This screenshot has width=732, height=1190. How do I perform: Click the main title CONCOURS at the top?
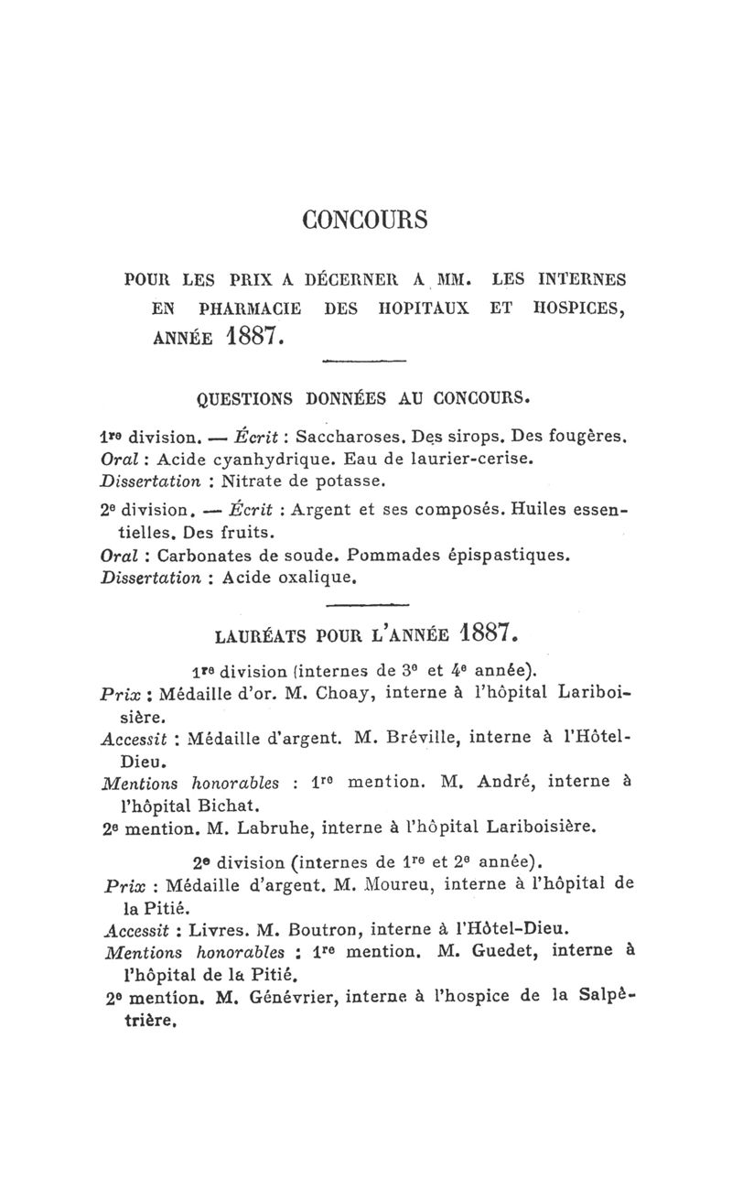[x=365, y=221]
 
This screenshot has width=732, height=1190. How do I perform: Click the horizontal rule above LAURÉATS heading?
[x=365, y=606]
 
